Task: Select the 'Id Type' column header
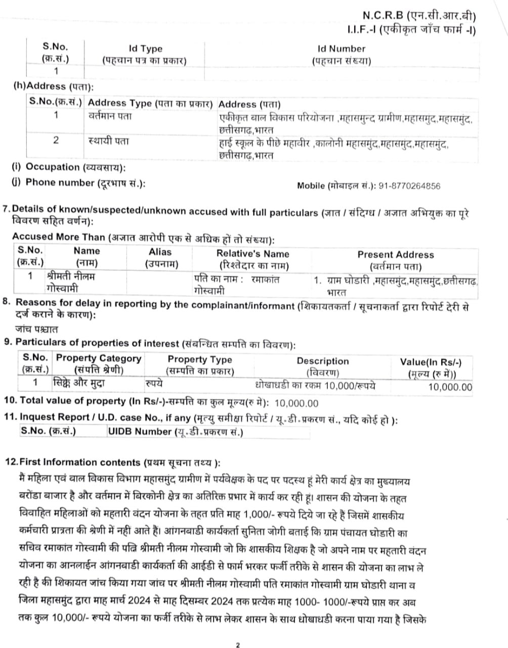(x=145, y=49)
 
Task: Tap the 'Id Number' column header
(x=341, y=49)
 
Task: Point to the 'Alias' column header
(x=160, y=252)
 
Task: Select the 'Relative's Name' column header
(x=252, y=254)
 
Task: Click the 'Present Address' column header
(x=395, y=255)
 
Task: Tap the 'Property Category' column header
(x=99, y=358)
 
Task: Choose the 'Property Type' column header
(x=199, y=359)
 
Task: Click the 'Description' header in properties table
(x=322, y=361)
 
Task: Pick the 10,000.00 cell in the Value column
(x=450, y=388)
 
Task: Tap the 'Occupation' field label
(x=53, y=167)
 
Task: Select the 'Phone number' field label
(x=60, y=182)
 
